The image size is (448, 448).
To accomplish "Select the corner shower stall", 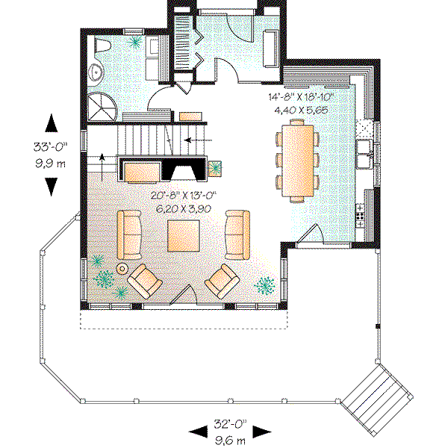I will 100,105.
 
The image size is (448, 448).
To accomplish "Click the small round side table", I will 122,268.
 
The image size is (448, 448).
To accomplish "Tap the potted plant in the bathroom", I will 135,44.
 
